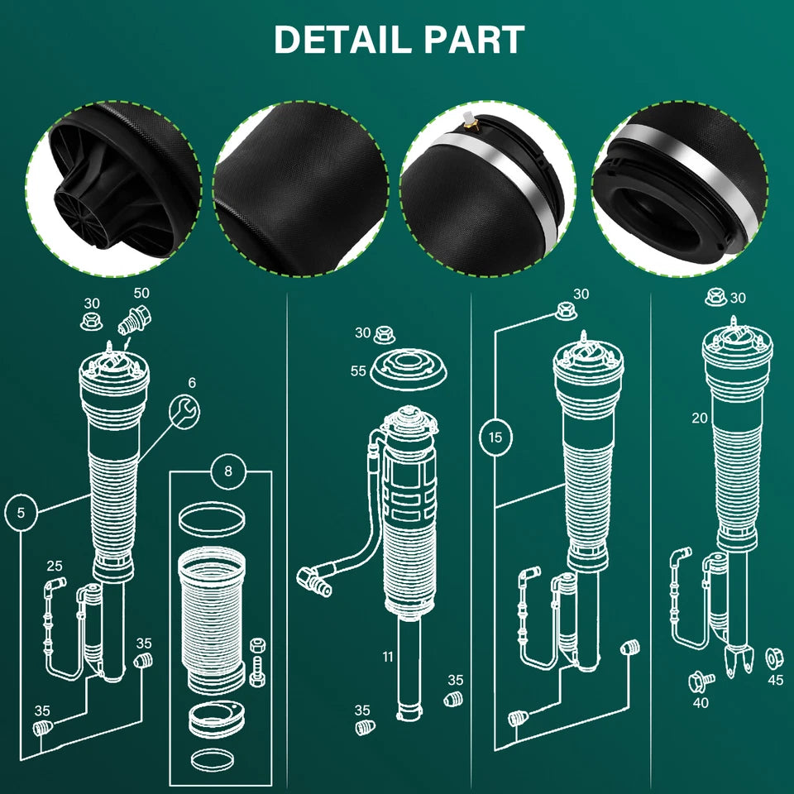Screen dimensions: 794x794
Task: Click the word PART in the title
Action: (x=475, y=40)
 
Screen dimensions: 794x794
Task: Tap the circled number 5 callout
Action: (x=21, y=513)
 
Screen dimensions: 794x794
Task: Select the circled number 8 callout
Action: (x=228, y=471)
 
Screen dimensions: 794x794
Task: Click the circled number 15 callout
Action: (x=495, y=437)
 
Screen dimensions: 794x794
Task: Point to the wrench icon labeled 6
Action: (x=184, y=412)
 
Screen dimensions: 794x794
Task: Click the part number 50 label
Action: (x=141, y=293)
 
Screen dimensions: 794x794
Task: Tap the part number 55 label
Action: (x=358, y=371)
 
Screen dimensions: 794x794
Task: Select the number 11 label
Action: (x=388, y=657)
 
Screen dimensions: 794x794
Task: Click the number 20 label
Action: (x=700, y=419)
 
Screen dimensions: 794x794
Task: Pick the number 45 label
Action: (x=775, y=680)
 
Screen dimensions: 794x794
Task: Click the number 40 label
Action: (x=701, y=703)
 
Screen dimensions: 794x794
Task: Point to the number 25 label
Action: (x=55, y=566)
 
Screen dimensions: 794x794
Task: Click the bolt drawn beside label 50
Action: (x=135, y=321)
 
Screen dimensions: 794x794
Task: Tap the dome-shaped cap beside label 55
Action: (x=408, y=369)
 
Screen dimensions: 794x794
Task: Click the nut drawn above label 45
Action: (x=774, y=658)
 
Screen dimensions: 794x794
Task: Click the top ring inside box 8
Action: (x=212, y=519)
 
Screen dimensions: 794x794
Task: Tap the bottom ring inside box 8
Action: (x=213, y=759)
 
